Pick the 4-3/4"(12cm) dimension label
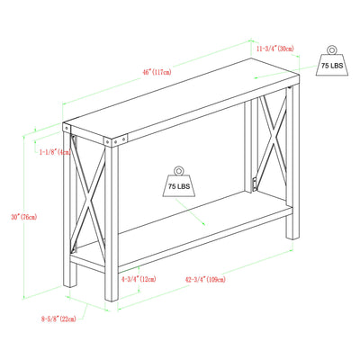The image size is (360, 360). pos(139,280)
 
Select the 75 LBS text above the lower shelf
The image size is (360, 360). pos(179,186)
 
